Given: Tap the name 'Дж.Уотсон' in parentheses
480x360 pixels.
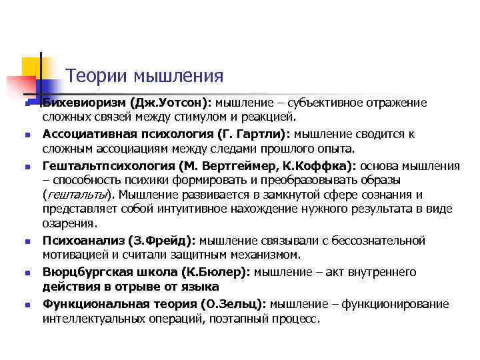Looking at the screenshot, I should pos(170,103).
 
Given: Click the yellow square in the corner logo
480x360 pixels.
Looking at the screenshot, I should pos(31,66).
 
